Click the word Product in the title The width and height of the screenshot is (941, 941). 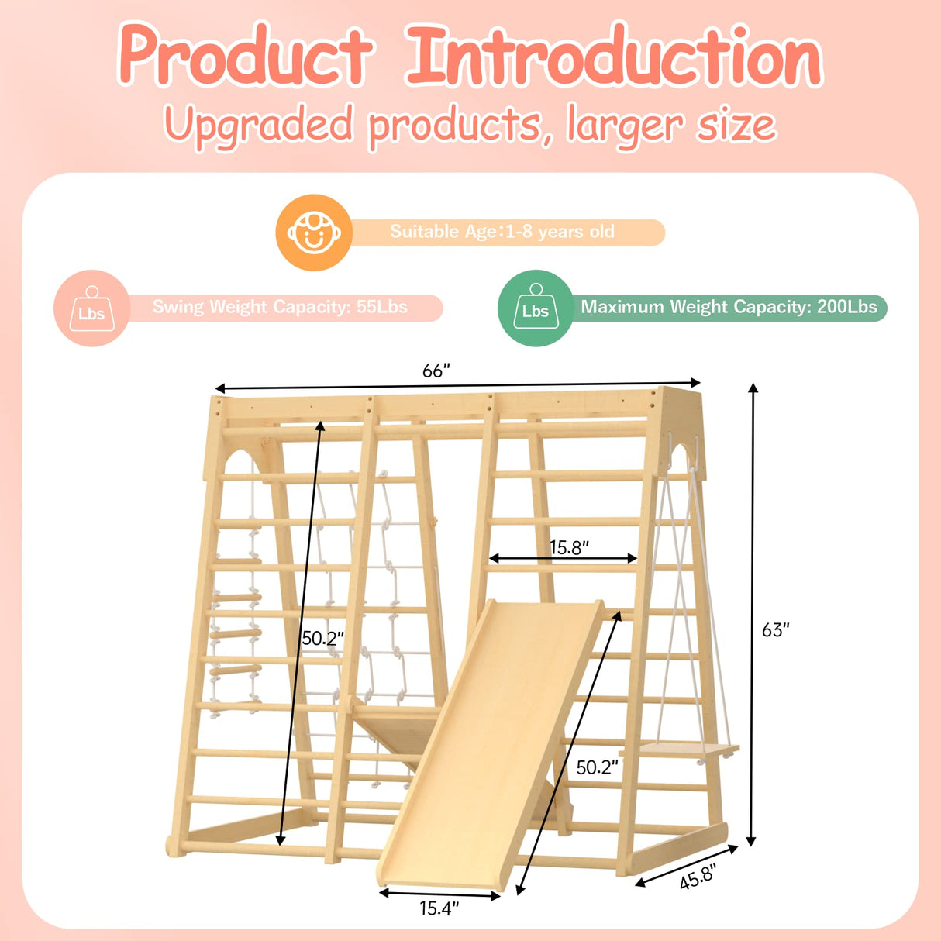point(246,56)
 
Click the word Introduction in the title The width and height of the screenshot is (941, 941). point(613,56)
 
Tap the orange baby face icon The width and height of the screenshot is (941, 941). point(314,233)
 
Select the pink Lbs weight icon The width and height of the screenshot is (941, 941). point(91,308)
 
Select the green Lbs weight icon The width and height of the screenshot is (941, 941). point(535,308)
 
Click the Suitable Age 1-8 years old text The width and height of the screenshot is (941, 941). point(502,232)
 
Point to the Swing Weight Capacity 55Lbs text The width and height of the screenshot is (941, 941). point(280,307)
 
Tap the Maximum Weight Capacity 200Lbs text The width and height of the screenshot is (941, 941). point(729,307)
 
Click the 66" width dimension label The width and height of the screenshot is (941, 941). point(436,371)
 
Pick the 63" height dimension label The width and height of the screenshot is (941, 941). point(775,629)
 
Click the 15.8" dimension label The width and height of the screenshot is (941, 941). point(569,547)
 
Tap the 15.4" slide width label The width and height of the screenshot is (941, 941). point(439,908)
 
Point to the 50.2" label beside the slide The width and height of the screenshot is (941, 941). point(597,767)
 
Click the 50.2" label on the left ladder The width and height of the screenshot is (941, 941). point(322,638)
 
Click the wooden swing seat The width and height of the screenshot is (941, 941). point(688,750)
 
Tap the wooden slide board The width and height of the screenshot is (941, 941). point(488,744)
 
